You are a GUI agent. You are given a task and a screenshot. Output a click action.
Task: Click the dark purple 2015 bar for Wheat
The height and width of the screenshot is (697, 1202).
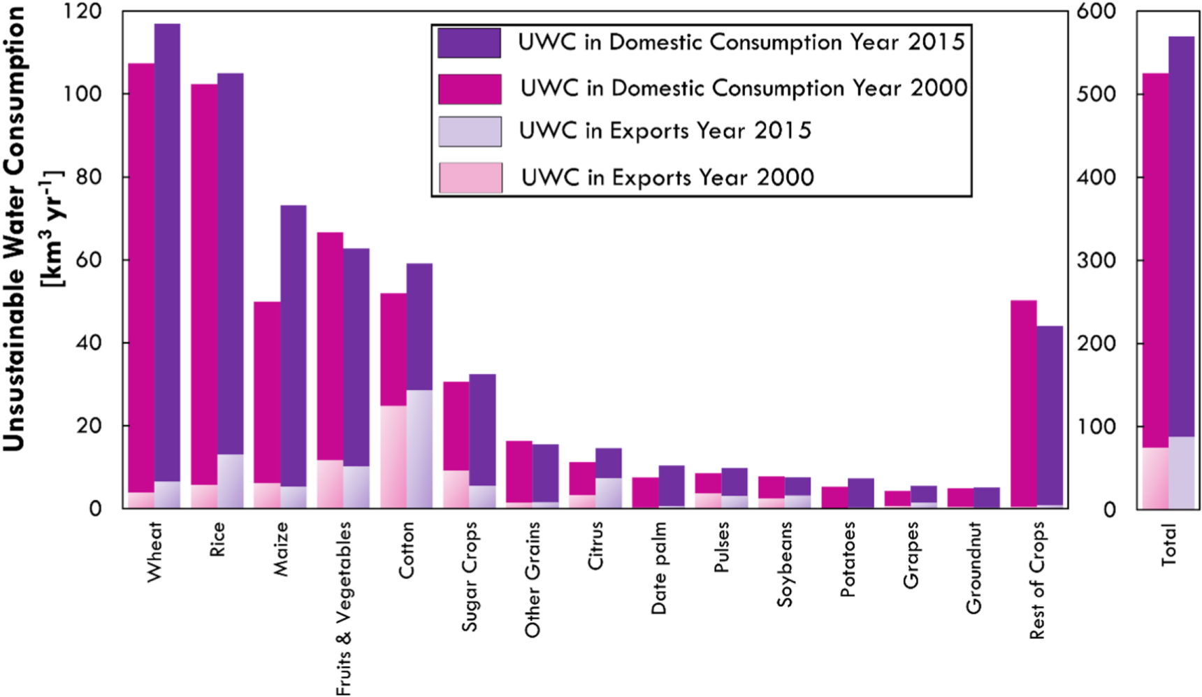[167, 252]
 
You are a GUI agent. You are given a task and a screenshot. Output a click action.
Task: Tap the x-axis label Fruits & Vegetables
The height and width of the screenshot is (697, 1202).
[343, 608]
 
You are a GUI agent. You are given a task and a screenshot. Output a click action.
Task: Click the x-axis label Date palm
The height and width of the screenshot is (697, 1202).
[658, 568]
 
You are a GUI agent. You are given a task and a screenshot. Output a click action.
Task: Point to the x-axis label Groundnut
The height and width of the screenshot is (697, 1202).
[973, 568]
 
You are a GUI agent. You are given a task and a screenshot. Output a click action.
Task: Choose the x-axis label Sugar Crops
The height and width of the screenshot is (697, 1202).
[470, 576]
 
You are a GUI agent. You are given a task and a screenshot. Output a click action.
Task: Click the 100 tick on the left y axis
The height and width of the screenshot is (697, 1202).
[82, 94]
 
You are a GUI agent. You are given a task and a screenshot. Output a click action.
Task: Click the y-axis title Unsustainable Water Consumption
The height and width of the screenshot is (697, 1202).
[14, 231]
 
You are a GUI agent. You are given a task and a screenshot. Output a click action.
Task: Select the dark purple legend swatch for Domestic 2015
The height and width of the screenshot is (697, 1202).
[469, 43]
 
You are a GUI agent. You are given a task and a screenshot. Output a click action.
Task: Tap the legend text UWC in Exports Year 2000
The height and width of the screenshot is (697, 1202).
[667, 178]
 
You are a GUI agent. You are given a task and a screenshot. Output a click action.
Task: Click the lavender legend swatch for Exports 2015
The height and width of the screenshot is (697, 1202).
[470, 131]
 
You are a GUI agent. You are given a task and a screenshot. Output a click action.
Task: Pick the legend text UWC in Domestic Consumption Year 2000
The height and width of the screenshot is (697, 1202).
[744, 88]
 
